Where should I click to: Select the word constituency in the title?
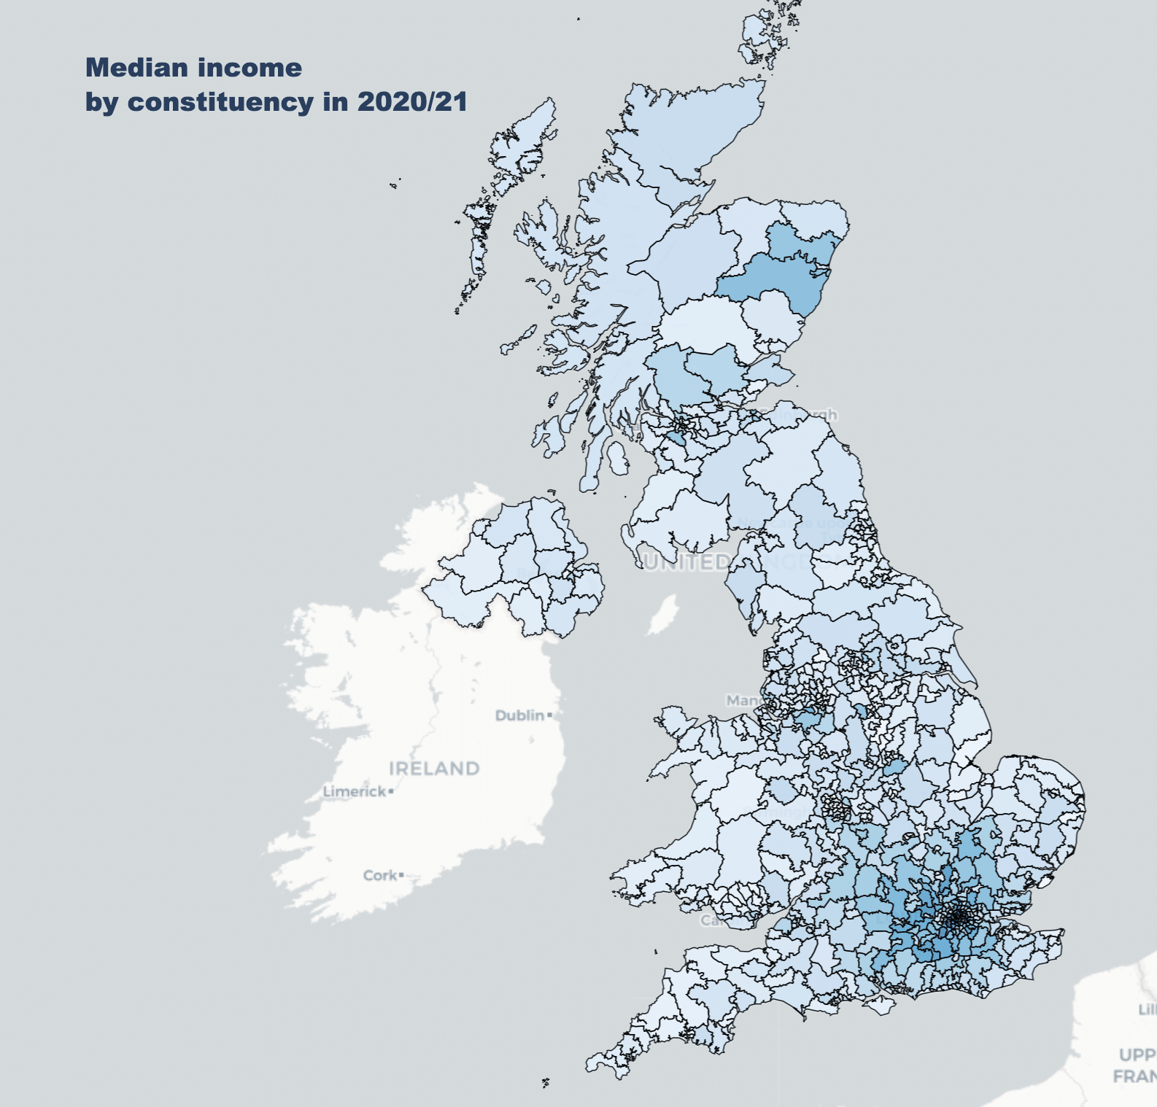[221, 101]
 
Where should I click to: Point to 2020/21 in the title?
[412, 101]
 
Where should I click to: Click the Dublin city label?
[519, 715]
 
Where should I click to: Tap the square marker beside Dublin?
[549, 715]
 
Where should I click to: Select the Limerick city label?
[355, 791]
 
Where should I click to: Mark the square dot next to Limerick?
[391, 791]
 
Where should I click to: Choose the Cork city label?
[379, 875]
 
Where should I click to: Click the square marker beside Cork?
[401, 874]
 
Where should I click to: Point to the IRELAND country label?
[434, 769]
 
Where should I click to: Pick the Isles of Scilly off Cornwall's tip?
[545, 1083]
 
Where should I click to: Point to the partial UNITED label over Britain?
[686, 562]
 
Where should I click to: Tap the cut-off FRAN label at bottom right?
[1135, 1076]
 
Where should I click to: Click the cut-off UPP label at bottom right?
[1138, 1054]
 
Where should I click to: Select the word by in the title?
[101, 101]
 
